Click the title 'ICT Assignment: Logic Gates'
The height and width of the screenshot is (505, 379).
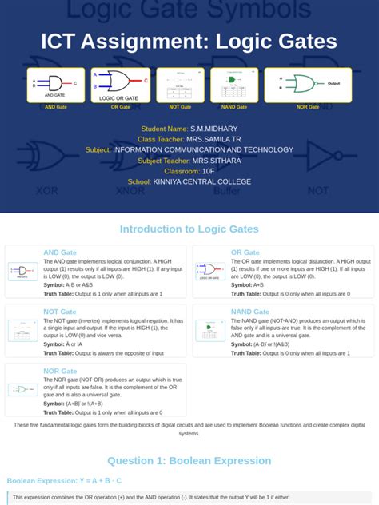click(x=189, y=42)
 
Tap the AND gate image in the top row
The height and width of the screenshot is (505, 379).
click(x=56, y=85)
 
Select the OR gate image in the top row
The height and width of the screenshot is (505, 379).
click(x=121, y=85)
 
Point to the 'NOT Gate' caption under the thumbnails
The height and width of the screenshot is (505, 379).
click(x=180, y=107)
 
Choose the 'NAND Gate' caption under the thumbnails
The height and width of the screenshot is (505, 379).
click(x=233, y=107)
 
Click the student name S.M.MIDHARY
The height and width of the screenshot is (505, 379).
click(x=214, y=129)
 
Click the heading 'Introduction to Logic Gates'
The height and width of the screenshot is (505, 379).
click(x=189, y=229)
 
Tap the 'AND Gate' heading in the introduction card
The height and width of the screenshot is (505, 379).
click(x=60, y=252)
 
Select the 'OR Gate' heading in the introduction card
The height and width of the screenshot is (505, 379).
click(x=245, y=252)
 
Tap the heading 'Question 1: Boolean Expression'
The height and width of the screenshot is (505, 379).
click(x=189, y=461)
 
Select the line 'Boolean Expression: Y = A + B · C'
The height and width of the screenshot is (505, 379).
click(x=65, y=481)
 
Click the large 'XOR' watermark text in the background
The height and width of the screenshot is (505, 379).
click(x=47, y=190)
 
